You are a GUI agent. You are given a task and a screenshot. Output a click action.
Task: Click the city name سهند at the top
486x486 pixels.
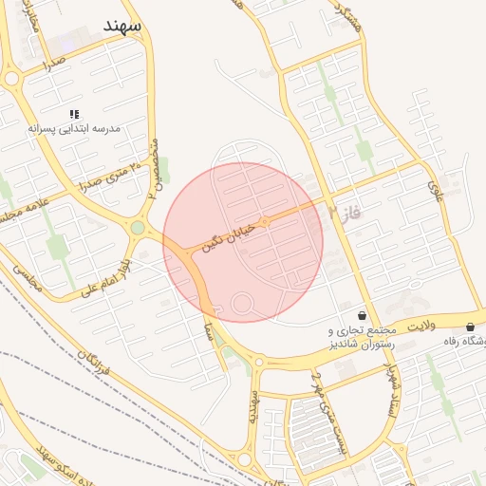124,26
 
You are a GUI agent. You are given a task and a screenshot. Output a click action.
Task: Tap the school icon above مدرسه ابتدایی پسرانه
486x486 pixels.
74,114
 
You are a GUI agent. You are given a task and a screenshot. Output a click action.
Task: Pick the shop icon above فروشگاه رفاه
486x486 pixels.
471,327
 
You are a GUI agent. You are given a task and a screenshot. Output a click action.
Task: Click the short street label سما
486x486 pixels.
207,327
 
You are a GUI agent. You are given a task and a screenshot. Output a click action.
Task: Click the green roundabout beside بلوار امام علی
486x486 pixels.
139,228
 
